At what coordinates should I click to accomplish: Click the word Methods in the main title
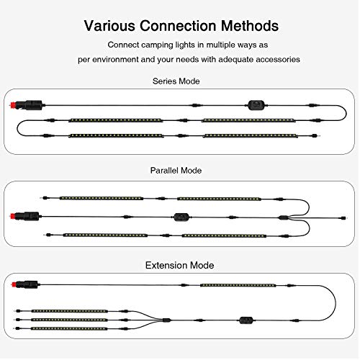click(250, 26)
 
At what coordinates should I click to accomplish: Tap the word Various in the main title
click(109, 26)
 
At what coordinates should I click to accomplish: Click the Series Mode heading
click(176, 81)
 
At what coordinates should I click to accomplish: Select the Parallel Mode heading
click(176, 171)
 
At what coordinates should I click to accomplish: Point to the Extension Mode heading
click(179, 265)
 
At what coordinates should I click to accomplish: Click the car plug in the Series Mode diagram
click(27, 105)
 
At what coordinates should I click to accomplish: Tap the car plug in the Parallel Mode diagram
click(25, 216)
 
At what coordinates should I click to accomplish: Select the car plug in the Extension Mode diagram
click(25, 284)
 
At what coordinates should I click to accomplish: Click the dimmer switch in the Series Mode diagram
click(256, 105)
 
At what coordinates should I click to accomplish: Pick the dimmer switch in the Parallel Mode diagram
click(181, 217)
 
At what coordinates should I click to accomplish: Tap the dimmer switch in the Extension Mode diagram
click(246, 320)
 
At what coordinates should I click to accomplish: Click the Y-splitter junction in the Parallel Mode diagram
click(284, 217)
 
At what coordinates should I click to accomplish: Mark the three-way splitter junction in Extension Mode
click(166, 320)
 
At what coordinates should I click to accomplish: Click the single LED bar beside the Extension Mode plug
click(238, 285)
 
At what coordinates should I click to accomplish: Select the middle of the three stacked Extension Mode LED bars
click(69, 320)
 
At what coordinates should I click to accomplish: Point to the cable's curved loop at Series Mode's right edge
click(346, 113)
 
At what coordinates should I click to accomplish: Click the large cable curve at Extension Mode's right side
click(336, 303)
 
